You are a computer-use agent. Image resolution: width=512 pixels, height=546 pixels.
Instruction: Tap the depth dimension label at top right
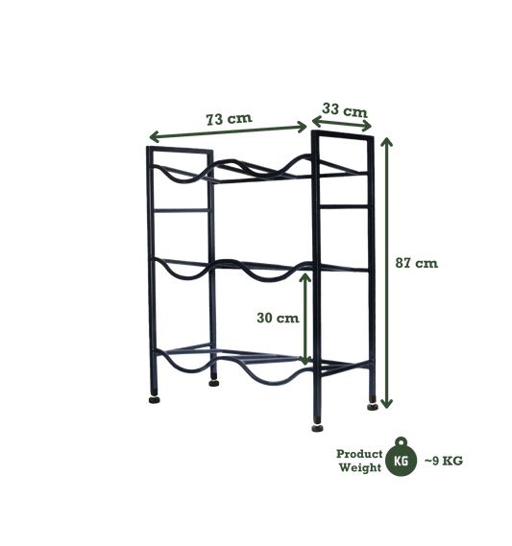tap(342, 108)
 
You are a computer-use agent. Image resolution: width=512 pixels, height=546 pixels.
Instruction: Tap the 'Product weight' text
tap(355, 456)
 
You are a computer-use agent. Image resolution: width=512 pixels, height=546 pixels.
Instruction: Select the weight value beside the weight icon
tap(446, 461)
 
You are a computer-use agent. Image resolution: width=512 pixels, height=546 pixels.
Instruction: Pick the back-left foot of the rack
tap(212, 380)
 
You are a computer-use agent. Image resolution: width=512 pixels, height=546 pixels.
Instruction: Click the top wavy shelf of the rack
tap(240, 174)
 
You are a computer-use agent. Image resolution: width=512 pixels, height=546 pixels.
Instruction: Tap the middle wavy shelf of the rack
tap(240, 268)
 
